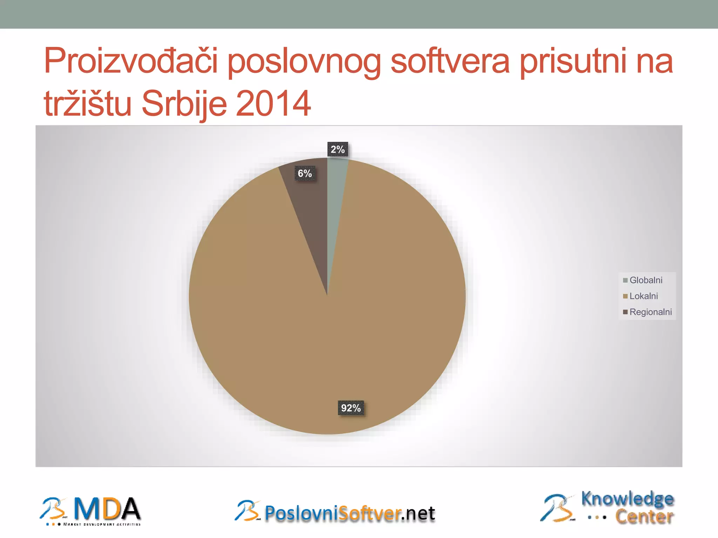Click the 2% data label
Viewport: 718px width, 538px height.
pyautogui.click(x=338, y=150)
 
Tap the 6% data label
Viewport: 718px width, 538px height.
pyautogui.click(x=305, y=173)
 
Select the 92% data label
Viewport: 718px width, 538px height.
pyautogui.click(x=351, y=408)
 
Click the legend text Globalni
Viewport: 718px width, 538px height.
pyautogui.click(x=646, y=280)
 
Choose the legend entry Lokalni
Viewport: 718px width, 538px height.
pyautogui.click(x=643, y=296)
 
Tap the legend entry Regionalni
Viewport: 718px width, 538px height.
pyautogui.click(x=650, y=312)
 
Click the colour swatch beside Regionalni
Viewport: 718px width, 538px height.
pyautogui.click(x=625, y=312)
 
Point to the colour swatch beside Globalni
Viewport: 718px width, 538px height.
pyautogui.click(x=625, y=280)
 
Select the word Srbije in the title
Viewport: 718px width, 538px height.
pyautogui.click(x=184, y=103)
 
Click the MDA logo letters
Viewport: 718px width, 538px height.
pyautogui.click(x=107, y=509)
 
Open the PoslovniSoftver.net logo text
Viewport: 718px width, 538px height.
pyautogui.click(x=350, y=513)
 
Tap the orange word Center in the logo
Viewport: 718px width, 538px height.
pyautogui.click(x=644, y=517)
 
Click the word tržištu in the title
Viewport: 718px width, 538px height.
pyautogui.click(x=87, y=103)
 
